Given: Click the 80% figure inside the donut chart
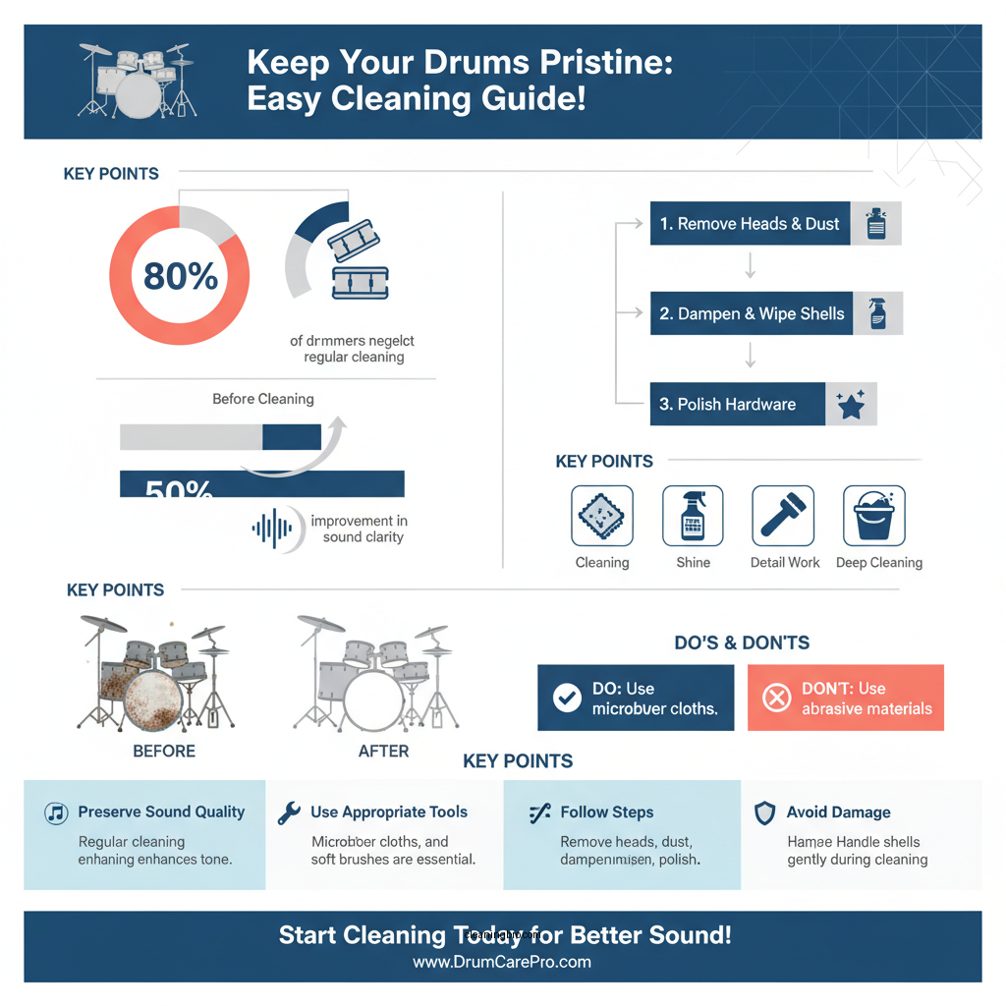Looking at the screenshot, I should click(x=180, y=276).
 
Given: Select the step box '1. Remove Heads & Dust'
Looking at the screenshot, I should click(x=750, y=224).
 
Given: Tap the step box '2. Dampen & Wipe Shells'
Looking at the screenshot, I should click(x=752, y=314).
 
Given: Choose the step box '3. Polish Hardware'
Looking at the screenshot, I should click(x=737, y=404).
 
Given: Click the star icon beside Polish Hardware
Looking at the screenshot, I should click(x=851, y=404).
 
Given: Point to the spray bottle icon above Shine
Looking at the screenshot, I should click(x=693, y=516).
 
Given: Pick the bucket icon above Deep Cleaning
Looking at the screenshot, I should click(x=873, y=516).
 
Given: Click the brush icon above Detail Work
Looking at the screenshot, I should click(x=783, y=516).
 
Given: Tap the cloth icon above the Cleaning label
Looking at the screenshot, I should click(x=602, y=516).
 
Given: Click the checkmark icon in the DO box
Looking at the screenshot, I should click(x=567, y=699).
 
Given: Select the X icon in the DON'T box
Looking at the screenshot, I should click(x=777, y=699).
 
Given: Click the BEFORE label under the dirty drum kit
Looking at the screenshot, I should click(x=164, y=752).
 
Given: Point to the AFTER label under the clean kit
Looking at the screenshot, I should click(x=383, y=752).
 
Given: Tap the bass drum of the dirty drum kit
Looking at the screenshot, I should click(x=152, y=700).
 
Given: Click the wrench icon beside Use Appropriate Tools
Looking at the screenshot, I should click(x=289, y=812).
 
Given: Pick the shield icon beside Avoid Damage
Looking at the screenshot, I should click(x=764, y=812).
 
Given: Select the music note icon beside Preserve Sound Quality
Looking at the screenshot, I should click(x=56, y=812).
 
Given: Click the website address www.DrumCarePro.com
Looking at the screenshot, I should click(x=502, y=962).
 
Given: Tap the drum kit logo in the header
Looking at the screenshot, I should click(x=138, y=81).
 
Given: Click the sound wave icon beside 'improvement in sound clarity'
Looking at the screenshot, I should click(x=272, y=529).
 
